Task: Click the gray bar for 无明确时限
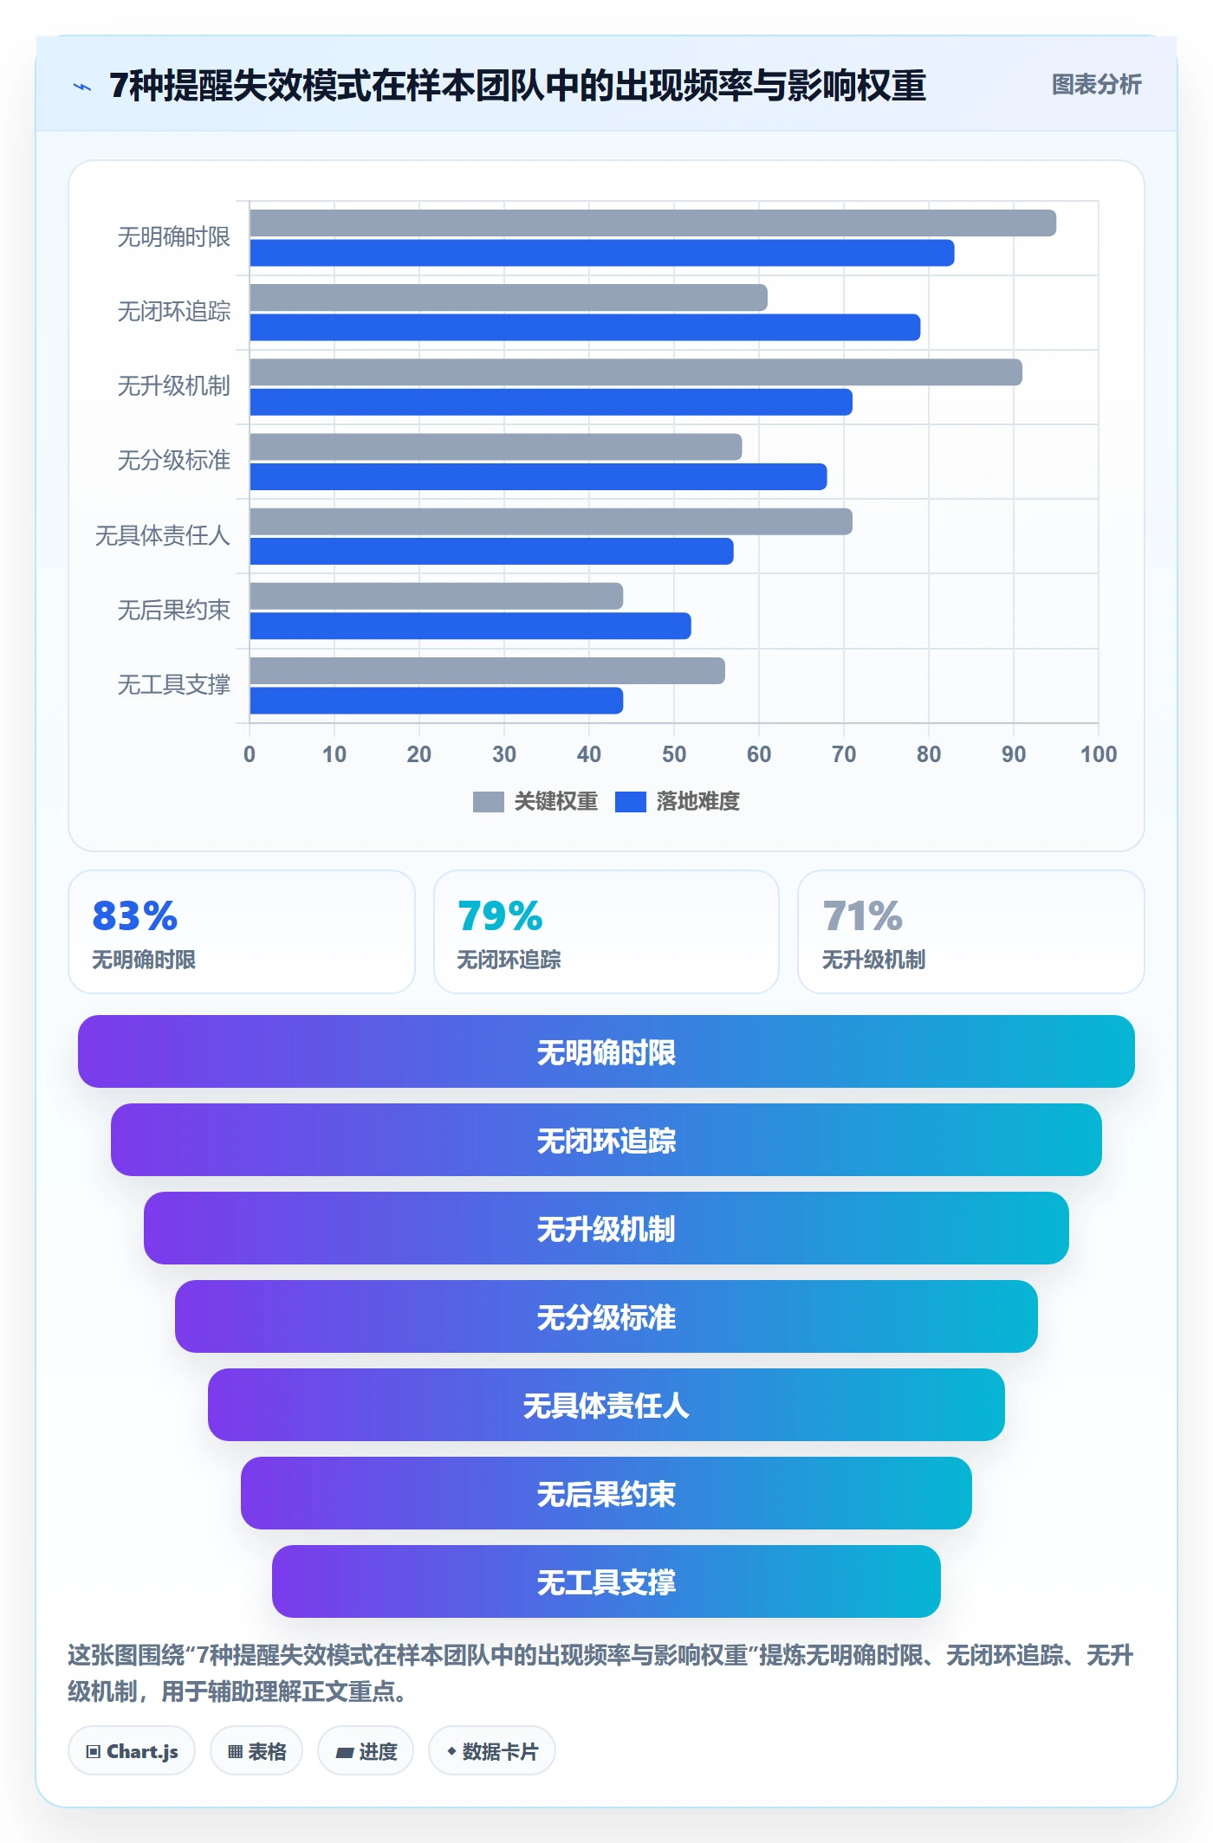point(652,223)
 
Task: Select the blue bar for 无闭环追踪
point(585,327)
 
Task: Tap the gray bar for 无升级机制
point(636,372)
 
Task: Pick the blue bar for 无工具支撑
point(436,701)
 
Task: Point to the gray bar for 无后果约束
point(436,596)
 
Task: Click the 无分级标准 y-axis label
point(173,461)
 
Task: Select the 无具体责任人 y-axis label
point(162,535)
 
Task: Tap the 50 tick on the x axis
point(674,754)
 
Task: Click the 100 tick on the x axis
point(1099,754)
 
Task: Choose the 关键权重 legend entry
point(535,802)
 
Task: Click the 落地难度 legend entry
point(678,802)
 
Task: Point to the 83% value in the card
point(135,916)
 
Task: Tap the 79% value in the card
point(500,916)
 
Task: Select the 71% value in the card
point(863,916)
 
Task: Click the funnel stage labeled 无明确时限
point(606,1051)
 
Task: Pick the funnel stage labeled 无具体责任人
point(606,1405)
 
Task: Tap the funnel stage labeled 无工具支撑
point(606,1581)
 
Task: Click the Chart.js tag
point(132,1751)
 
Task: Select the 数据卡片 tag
point(492,1751)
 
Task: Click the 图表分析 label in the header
point(1097,85)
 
